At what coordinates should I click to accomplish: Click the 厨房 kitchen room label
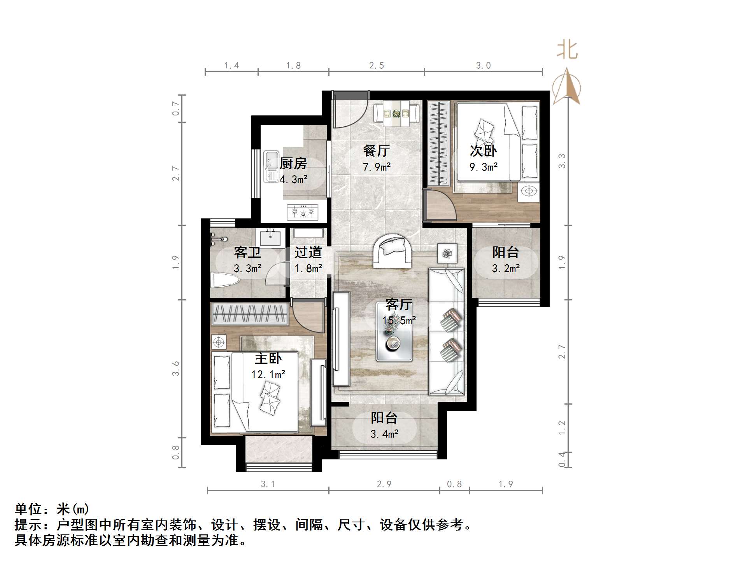pos(293,164)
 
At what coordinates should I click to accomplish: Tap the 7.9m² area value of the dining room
pos(377,167)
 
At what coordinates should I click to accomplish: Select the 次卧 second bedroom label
pos(483,151)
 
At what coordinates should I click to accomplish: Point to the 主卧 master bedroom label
pos(268,358)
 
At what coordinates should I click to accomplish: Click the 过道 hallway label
pos(308,252)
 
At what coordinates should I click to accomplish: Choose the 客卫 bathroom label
pos(247,252)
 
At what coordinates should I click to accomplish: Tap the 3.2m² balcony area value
pos(506,269)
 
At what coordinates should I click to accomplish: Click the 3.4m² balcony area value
pos(384,434)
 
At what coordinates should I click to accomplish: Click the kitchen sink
pos(271,166)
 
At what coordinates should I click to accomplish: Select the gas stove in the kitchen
pos(302,212)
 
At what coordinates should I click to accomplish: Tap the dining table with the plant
pos(396,113)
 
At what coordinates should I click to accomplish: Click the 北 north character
pos(567,51)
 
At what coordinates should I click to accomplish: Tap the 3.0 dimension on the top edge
pos(484,66)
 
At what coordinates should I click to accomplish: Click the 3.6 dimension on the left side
pos(176,368)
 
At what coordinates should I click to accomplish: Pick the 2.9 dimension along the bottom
pos(384,484)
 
